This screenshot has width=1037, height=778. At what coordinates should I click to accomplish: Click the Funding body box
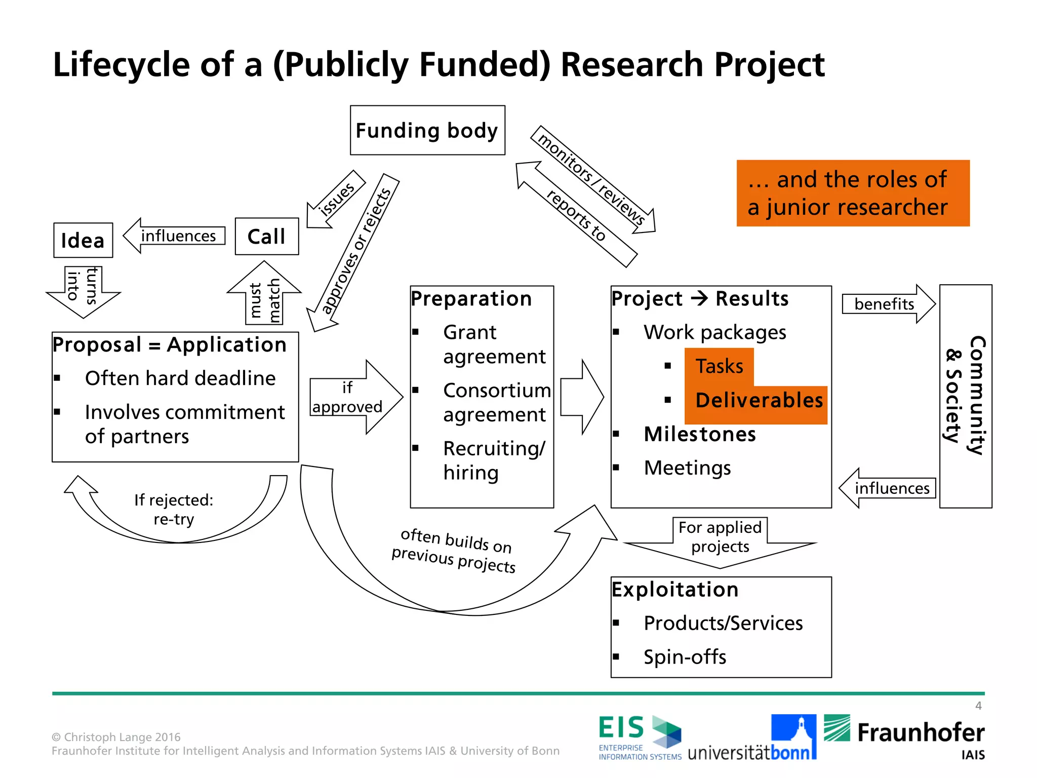427,130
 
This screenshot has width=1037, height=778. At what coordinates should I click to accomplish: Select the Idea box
83,240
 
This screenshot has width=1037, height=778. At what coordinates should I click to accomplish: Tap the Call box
267,237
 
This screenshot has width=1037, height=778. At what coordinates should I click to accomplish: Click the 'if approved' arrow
354,397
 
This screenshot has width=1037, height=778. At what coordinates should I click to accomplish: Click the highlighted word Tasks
719,366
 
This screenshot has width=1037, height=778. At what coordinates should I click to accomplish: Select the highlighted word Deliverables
759,400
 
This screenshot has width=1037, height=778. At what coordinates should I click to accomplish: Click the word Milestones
700,434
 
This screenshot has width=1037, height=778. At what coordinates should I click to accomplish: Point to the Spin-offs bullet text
685,657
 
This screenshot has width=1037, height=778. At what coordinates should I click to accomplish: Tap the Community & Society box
966,396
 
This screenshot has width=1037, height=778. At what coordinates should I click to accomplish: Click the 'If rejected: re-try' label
174,509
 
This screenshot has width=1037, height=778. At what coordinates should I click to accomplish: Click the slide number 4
978,706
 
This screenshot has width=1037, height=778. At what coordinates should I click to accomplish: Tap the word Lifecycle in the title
121,65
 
